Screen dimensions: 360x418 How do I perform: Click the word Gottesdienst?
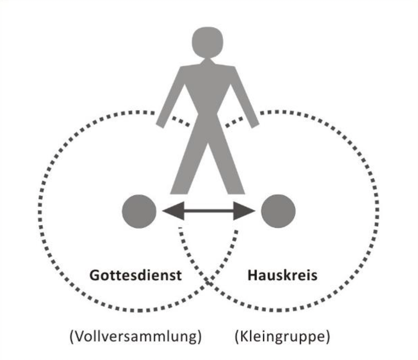tap(135, 275)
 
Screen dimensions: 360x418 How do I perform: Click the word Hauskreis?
tap(282, 275)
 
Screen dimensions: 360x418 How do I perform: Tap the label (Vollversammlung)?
tap(135, 337)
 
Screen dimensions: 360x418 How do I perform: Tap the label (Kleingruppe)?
tap(282, 337)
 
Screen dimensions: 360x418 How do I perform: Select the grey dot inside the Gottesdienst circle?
tap(139, 211)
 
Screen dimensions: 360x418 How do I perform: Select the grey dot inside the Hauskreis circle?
tap(278, 211)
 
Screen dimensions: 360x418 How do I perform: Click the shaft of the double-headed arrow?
tap(208, 211)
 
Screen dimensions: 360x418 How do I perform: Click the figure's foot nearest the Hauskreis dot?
tap(235, 189)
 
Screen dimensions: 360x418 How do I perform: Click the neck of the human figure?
tap(207, 62)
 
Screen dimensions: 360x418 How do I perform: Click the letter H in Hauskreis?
tap(252, 275)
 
